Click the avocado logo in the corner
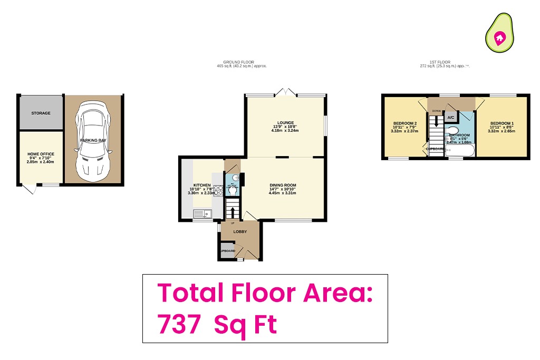499,32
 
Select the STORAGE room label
41,113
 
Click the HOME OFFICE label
41,154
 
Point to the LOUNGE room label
284,123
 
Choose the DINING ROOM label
283,185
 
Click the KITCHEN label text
202,186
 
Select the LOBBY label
240,230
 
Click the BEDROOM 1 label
501,123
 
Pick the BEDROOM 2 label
405,124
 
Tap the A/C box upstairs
451,118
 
